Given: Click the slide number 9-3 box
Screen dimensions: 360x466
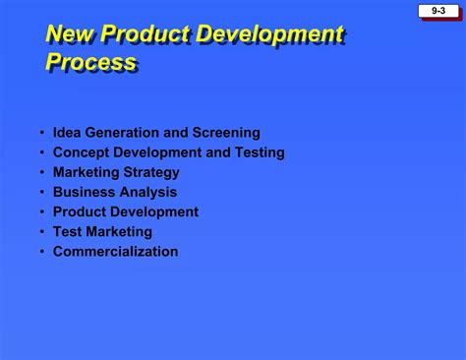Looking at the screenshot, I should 437,11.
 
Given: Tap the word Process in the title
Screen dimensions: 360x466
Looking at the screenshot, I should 90,64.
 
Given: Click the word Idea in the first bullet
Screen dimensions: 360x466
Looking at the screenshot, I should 68,133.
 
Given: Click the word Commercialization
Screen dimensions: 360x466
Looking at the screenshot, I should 116,251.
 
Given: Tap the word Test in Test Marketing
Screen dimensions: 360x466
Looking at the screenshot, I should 68,231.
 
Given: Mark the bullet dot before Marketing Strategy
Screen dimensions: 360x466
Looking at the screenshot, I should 42,173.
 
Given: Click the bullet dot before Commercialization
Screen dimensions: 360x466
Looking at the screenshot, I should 42,252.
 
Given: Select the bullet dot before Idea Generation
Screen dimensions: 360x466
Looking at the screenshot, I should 42,134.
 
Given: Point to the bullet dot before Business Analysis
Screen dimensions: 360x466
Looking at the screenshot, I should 42,193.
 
